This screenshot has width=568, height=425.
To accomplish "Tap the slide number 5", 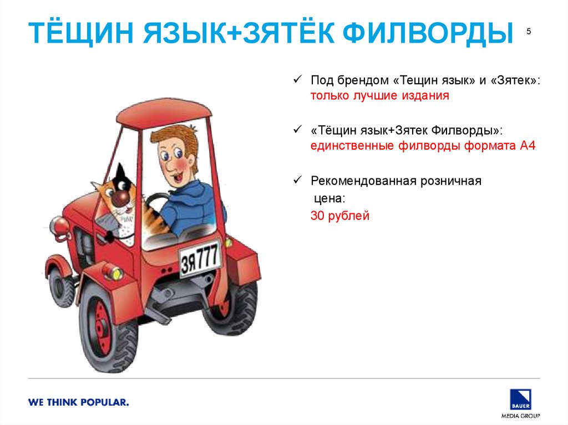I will (529, 32).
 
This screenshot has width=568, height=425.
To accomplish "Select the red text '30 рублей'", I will (339, 216).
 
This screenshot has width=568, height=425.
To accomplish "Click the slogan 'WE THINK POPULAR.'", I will (79, 402).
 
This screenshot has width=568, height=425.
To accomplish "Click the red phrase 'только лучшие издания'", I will (379, 95).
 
